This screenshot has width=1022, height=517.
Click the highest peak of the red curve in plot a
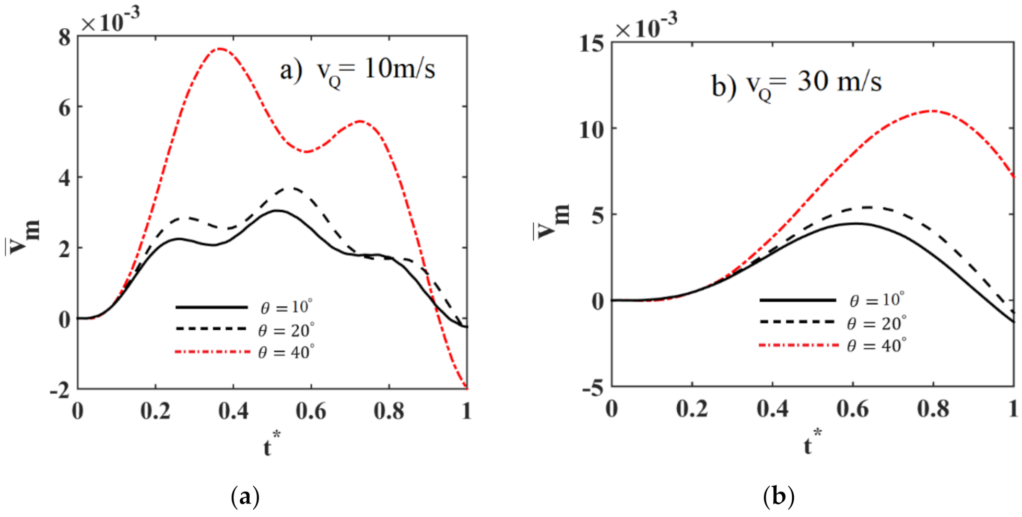click(x=220, y=49)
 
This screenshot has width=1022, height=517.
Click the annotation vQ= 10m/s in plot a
click(x=357, y=70)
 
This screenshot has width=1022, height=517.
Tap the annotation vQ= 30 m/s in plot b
click(x=796, y=84)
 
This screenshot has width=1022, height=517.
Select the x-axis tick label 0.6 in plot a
click(x=311, y=411)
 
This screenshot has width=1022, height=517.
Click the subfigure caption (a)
click(x=244, y=496)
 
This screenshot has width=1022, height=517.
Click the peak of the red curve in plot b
click(x=933, y=110)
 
